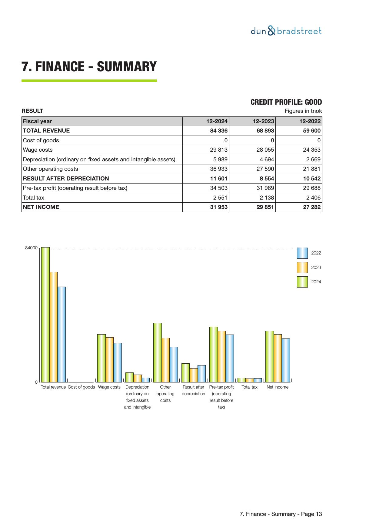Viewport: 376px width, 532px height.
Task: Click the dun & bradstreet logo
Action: tap(286, 31)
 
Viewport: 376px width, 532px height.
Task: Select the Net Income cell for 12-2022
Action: tap(312, 207)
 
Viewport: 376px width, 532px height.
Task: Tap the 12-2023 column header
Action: tap(263, 121)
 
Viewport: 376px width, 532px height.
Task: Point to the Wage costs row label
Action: tap(38, 150)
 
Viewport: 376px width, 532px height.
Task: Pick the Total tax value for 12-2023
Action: tap(265, 198)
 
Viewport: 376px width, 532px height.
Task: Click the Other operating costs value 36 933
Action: tap(219, 169)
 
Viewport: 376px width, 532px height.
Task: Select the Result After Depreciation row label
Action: tap(66, 179)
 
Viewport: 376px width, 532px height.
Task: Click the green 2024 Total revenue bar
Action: tap(45, 315)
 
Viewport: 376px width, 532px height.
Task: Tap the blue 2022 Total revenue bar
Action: tap(62, 334)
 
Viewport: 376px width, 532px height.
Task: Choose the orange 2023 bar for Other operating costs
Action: tap(165, 360)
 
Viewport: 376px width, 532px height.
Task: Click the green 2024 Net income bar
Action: tap(269, 356)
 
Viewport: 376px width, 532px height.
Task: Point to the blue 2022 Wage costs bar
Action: tap(117, 362)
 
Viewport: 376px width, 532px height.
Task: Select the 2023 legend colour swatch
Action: tap(302, 268)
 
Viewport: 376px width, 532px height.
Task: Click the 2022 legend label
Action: tap(316, 253)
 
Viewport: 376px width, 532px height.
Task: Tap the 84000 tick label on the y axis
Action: tap(31, 248)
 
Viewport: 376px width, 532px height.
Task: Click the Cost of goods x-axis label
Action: tap(81, 387)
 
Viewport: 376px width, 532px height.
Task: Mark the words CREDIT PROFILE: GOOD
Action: tap(286, 102)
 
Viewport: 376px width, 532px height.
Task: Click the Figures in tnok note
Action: tap(303, 111)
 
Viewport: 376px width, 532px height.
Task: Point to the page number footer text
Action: tap(281, 514)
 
